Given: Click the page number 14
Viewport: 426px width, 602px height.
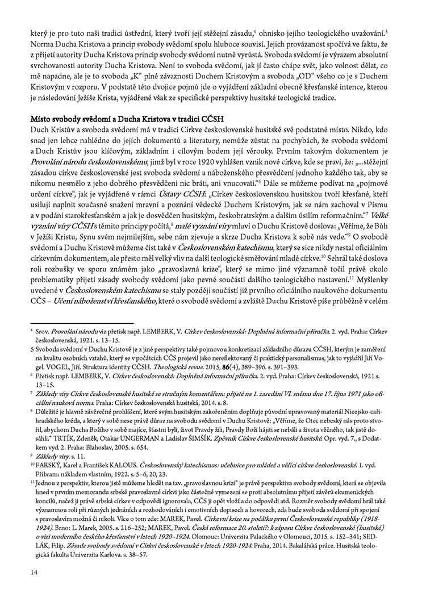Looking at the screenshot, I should (x=34, y=582).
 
